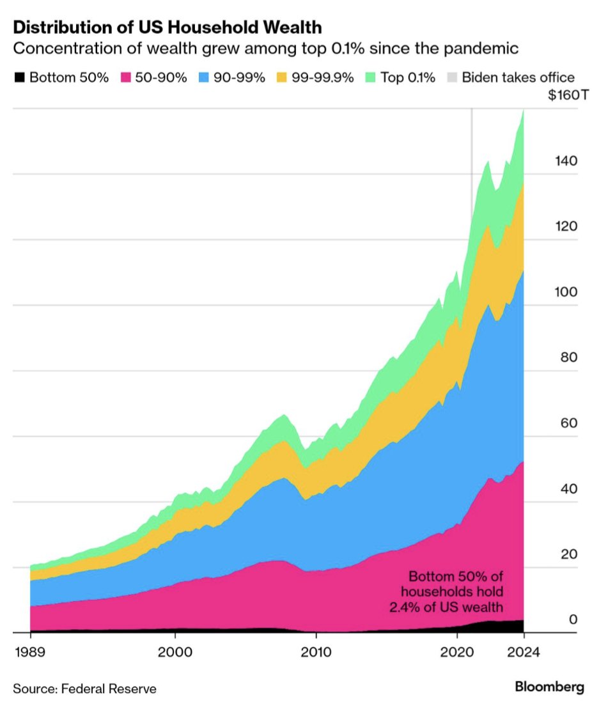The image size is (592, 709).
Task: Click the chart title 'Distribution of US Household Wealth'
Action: pyautogui.click(x=167, y=27)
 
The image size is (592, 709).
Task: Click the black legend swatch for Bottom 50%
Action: pyautogui.click(x=20, y=78)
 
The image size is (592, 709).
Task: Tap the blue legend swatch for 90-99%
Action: pyautogui.click(x=203, y=78)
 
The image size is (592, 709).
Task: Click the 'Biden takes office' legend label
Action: pyautogui.click(x=518, y=78)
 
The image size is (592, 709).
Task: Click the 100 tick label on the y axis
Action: pyautogui.click(x=565, y=292)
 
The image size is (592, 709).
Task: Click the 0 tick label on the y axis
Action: pyautogui.click(x=573, y=619)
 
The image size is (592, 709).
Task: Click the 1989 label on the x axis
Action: pyautogui.click(x=30, y=653)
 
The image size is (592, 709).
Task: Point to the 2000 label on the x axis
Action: pyautogui.click(x=175, y=653)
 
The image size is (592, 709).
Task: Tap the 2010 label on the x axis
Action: pyautogui.click(x=316, y=653)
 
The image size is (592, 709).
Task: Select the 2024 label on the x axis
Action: pyautogui.click(x=524, y=653)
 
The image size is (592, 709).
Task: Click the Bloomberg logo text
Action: pyautogui.click(x=549, y=688)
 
